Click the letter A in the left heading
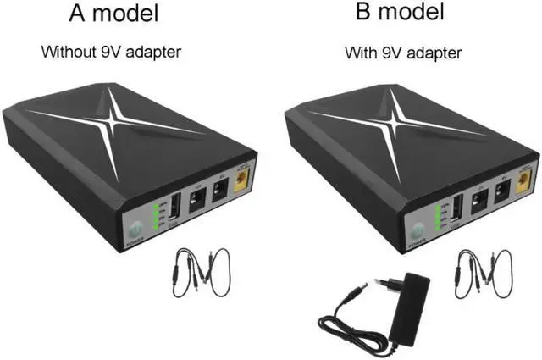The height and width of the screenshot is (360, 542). (x=78, y=15)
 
